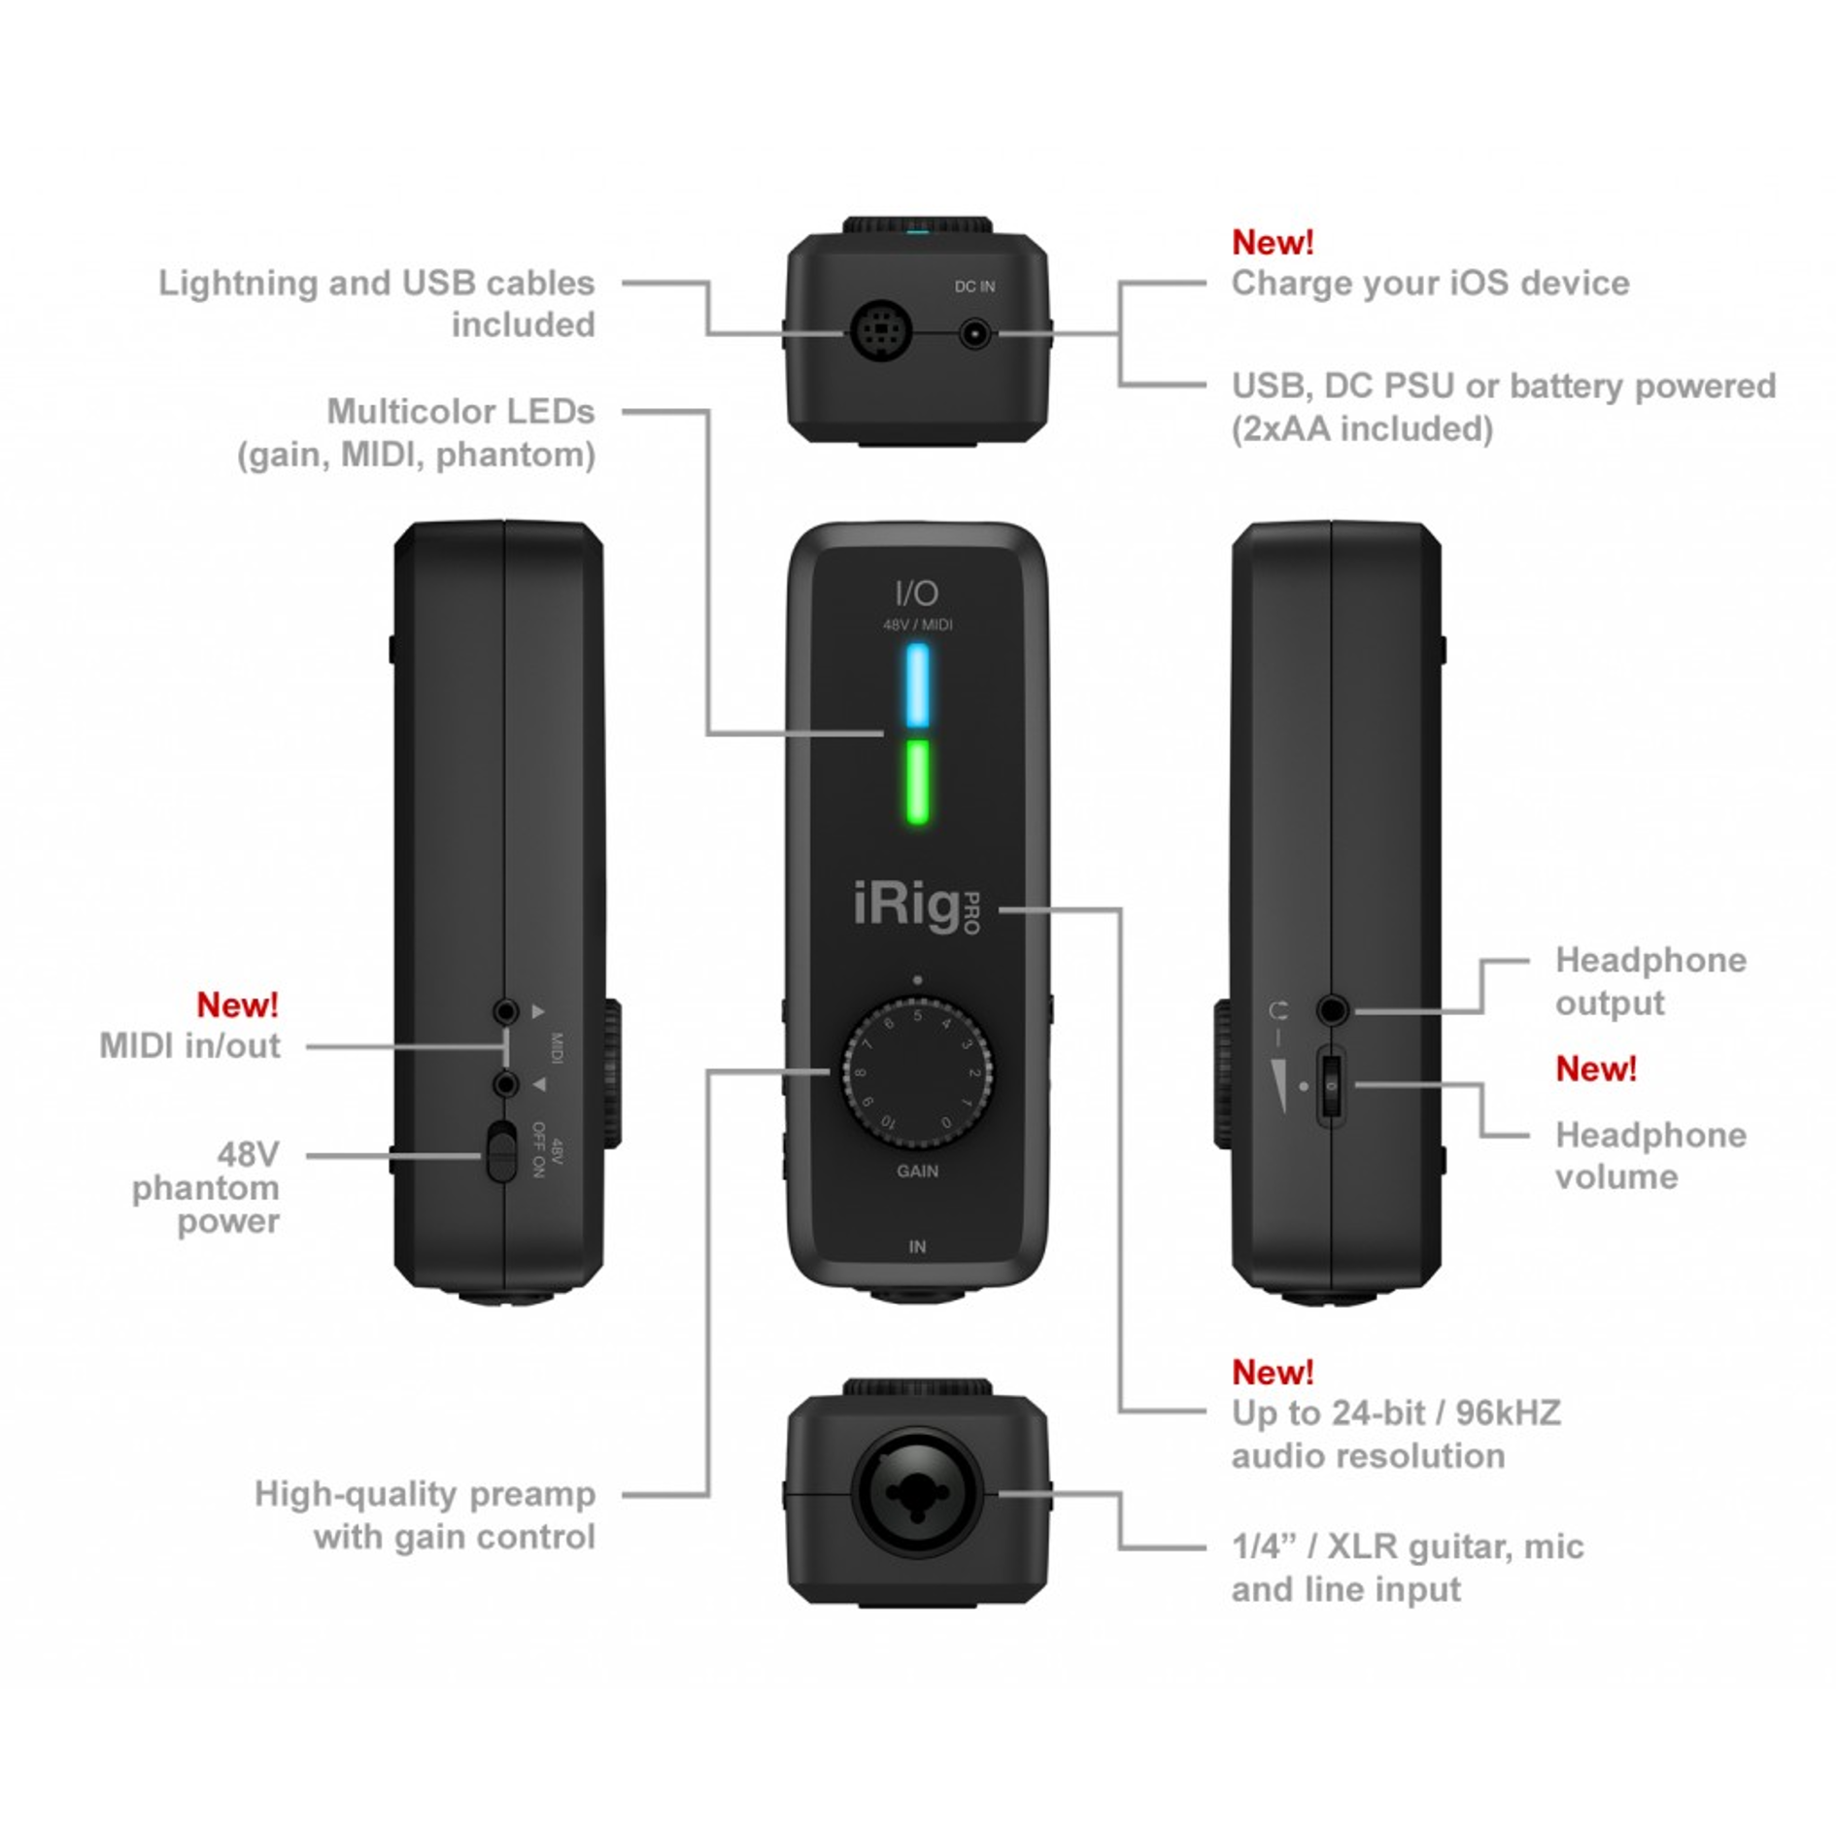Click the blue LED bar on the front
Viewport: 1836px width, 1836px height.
tap(916, 685)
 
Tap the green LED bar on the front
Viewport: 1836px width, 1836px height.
tap(916, 782)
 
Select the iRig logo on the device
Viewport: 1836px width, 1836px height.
tap(905, 905)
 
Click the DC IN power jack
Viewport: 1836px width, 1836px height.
tap(973, 334)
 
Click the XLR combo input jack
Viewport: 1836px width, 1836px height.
tap(917, 1493)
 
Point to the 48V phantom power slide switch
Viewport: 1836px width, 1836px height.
tap(501, 1153)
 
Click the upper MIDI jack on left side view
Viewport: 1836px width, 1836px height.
tap(505, 1011)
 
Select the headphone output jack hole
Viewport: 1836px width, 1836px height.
tap(1333, 1010)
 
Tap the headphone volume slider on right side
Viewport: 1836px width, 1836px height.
tap(1331, 1086)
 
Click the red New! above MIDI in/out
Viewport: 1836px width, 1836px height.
tap(237, 1004)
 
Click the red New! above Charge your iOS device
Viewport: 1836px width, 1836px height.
tap(1272, 242)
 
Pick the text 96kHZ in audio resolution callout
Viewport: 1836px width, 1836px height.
tap(1508, 1412)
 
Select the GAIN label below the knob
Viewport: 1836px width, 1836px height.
tap(917, 1171)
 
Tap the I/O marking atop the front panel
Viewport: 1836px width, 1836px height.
tap(916, 592)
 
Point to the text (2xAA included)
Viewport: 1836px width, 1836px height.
tap(1361, 428)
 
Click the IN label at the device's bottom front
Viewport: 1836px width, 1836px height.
tap(917, 1246)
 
